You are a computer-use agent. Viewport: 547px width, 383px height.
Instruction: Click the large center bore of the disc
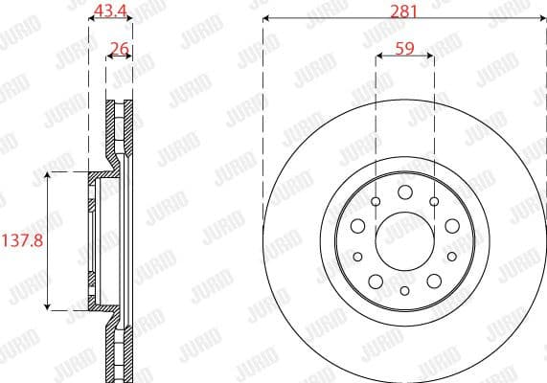tap(404, 240)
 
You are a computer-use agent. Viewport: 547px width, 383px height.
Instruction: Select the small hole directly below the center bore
tap(404, 290)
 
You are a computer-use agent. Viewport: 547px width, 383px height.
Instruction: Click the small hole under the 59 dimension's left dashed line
tap(376, 201)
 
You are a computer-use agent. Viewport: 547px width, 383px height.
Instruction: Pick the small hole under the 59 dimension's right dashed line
tap(433, 201)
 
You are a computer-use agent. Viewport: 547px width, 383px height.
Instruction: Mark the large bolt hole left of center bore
tap(357, 226)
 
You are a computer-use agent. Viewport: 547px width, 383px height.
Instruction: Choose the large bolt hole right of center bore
tap(451, 226)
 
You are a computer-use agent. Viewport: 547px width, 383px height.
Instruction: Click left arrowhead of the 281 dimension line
tap(267, 19)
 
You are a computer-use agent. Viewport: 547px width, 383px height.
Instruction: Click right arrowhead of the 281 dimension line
tap(540, 19)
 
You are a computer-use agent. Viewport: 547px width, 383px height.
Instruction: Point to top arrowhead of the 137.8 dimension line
tap(48, 175)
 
